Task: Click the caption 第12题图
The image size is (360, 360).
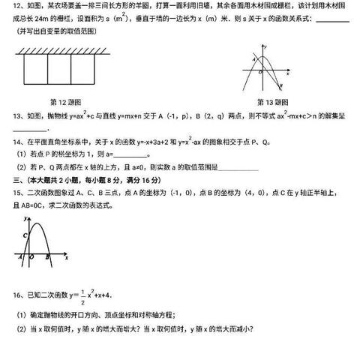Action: [x=65, y=102]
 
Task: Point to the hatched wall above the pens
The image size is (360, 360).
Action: [x=64, y=47]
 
